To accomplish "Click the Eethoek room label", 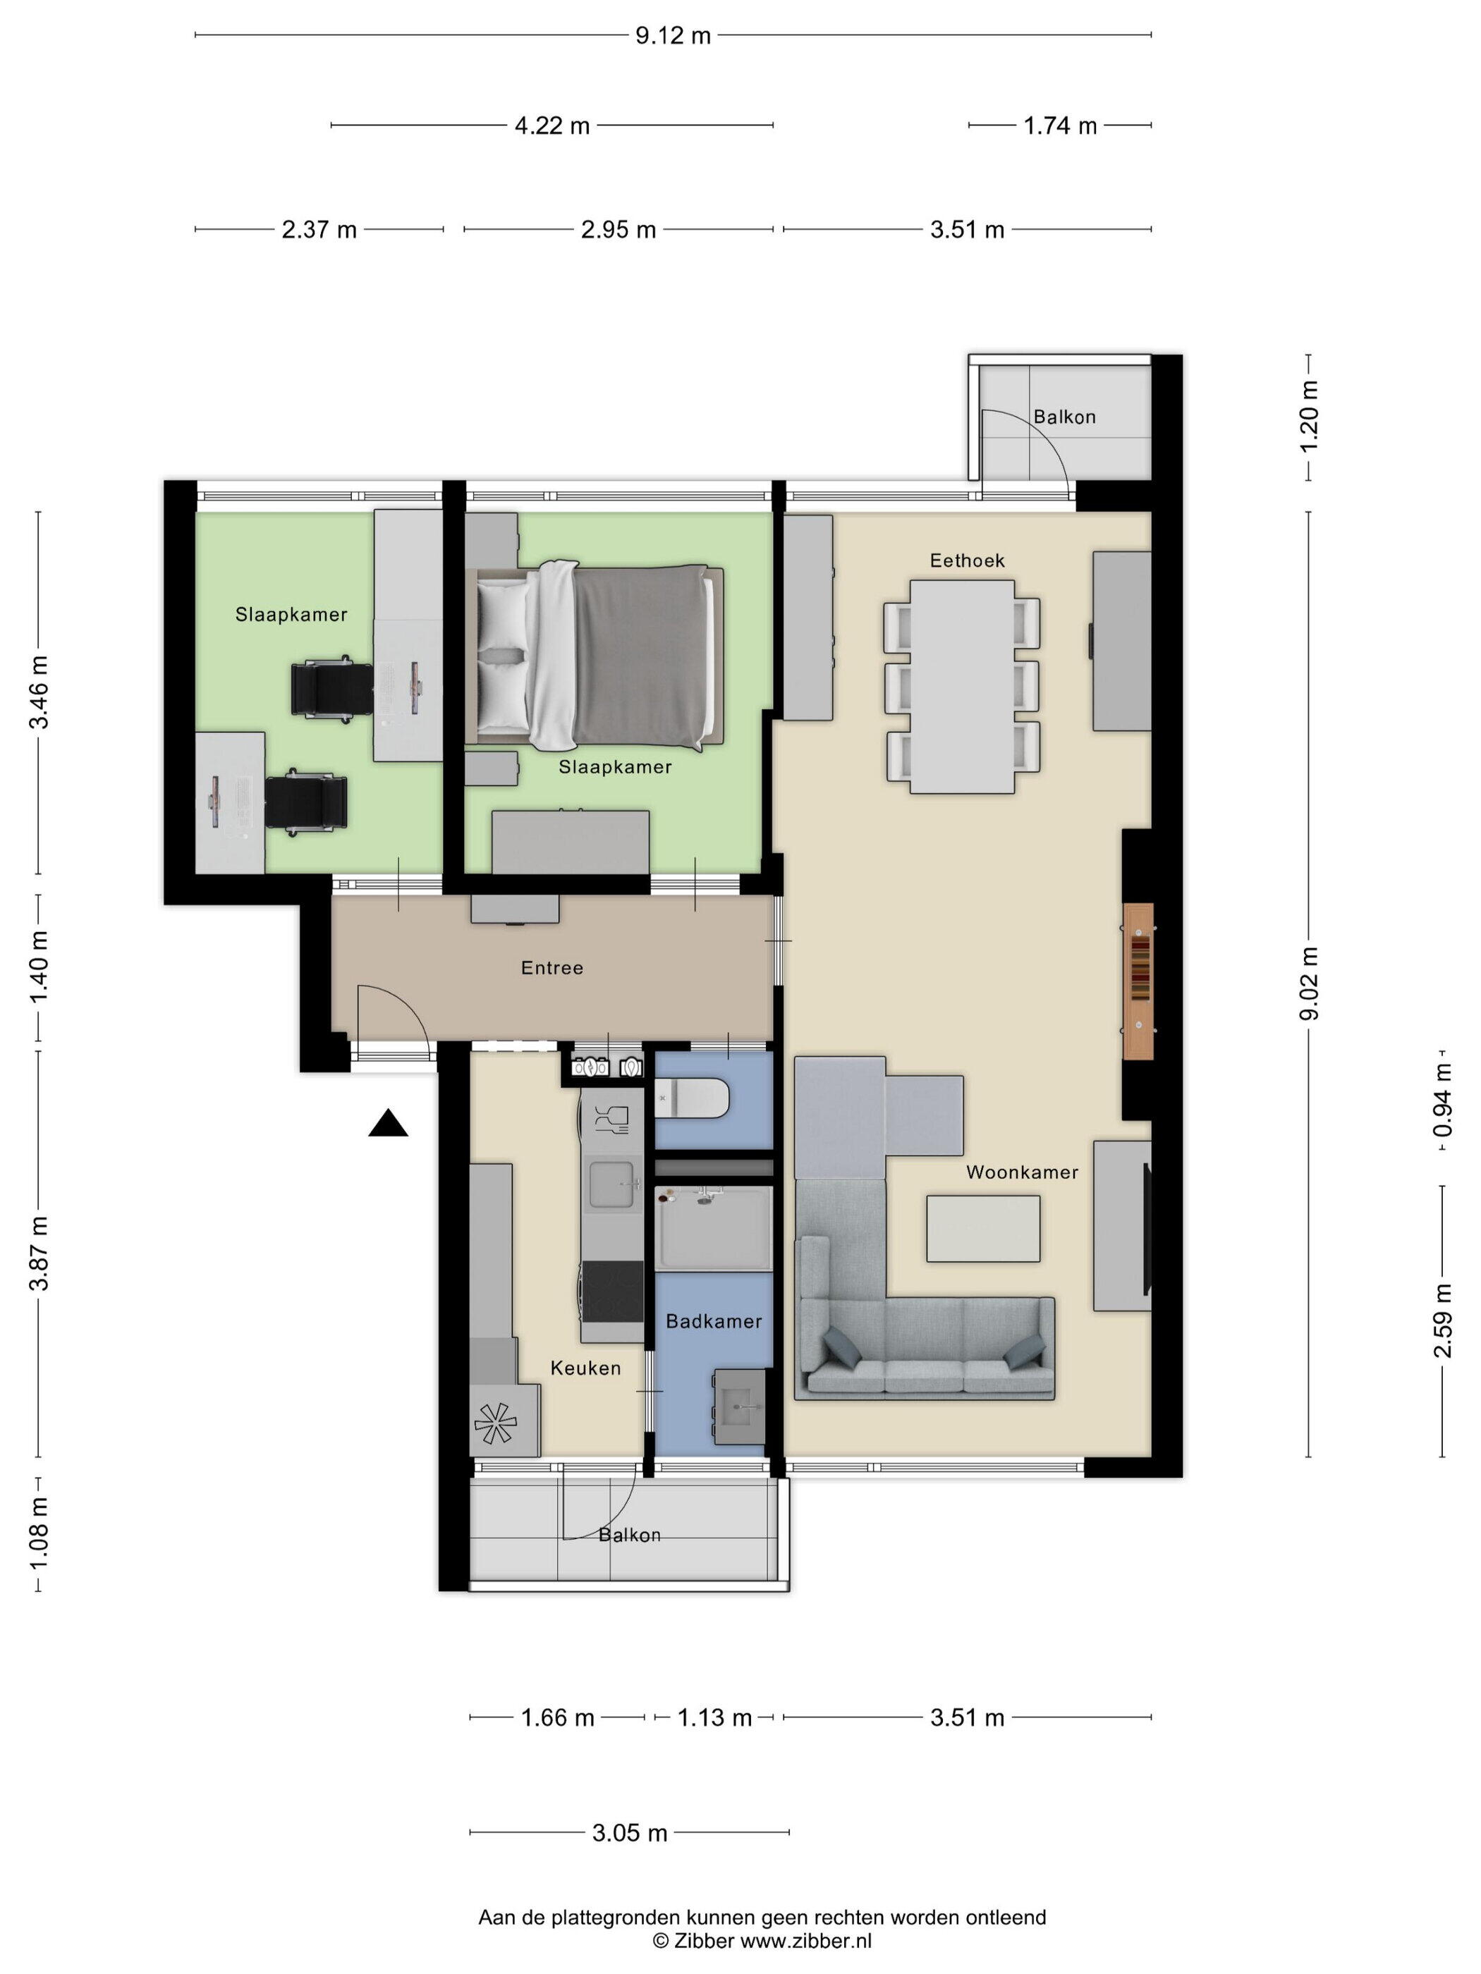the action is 967,560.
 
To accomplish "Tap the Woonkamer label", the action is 1022,1172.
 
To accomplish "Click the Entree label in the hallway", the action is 551,967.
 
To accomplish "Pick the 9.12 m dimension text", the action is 673,36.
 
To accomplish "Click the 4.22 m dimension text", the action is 551,125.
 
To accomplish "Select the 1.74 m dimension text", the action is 1060,125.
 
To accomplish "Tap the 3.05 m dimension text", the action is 629,1833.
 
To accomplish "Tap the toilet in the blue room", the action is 693,1097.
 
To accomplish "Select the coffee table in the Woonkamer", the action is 983,1229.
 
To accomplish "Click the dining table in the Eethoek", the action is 961,686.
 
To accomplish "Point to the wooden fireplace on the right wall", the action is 1138,981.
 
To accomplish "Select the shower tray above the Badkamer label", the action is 713,1229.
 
